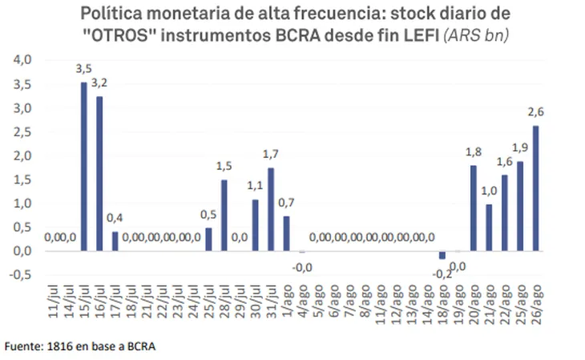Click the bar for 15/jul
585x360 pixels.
[x=83, y=167]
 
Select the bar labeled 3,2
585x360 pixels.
[x=99, y=174]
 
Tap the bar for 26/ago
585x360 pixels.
[x=536, y=188]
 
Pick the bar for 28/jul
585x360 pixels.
[x=224, y=215]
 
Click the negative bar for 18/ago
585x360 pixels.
[x=442, y=255]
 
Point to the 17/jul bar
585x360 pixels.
[x=115, y=241]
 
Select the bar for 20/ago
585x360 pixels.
[x=473, y=208]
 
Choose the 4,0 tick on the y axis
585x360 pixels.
[x=22, y=60]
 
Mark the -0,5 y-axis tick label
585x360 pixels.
[x=20, y=274]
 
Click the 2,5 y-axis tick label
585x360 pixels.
[x=22, y=131]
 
